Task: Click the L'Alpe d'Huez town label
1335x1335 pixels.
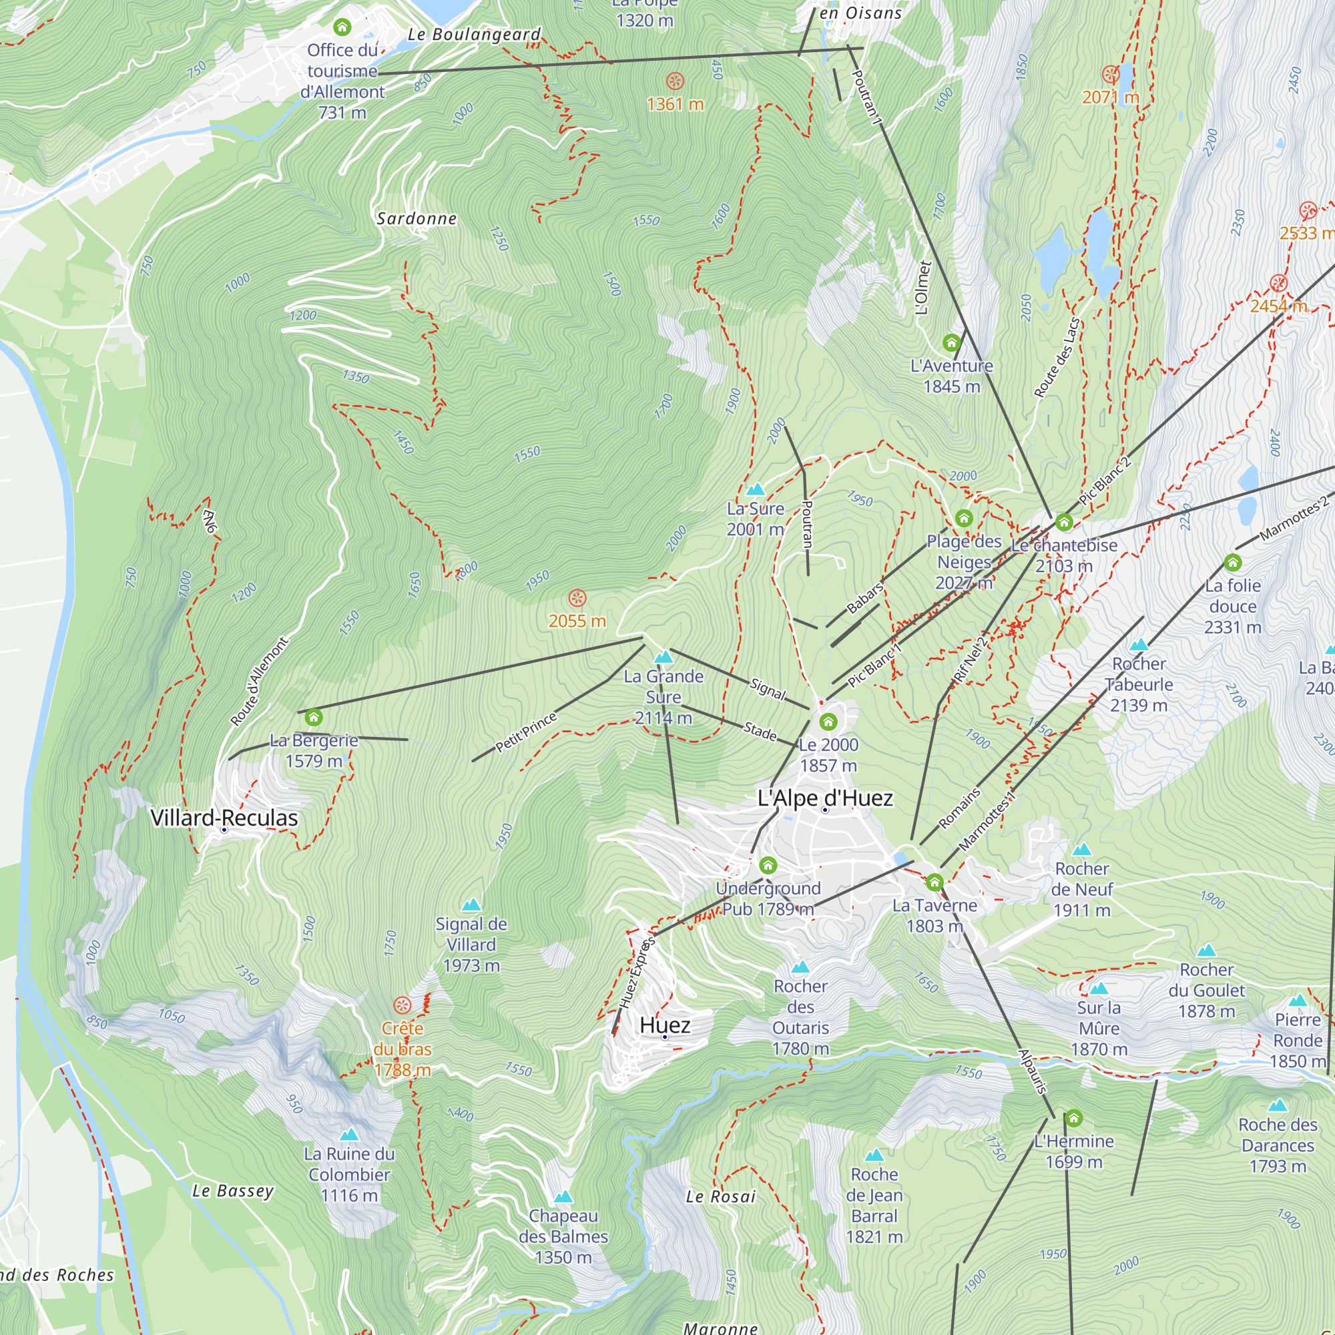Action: tap(825, 799)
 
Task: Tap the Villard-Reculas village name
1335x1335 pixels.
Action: tap(224, 818)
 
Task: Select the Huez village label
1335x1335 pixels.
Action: tap(665, 1025)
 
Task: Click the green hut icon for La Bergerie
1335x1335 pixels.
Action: tap(314, 718)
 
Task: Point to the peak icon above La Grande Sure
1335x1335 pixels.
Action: tap(663, 656)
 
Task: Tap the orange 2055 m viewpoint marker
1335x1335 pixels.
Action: tap(577, 598)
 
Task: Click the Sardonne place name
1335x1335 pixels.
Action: tap(417, 219)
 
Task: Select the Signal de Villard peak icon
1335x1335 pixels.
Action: tap(471, 904)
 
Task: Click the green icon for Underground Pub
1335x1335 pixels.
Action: tap(768, 866)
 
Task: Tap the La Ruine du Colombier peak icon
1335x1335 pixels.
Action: tap(349, 1135)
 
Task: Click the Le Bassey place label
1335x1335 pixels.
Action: tap(233, 1191)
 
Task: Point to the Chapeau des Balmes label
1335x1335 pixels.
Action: tap(563, 1237)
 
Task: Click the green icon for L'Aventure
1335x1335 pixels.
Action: tap(951, 342)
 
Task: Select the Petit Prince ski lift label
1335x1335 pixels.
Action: tap(526, 732)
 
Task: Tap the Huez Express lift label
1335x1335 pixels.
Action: tap(636, 974)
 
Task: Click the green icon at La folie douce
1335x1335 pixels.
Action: tap(1233, 563)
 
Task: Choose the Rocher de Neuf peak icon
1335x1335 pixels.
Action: tap(1082, 849)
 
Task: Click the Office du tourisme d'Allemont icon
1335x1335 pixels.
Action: tap(342, 27)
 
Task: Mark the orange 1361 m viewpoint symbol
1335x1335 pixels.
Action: tap(675, 81)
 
